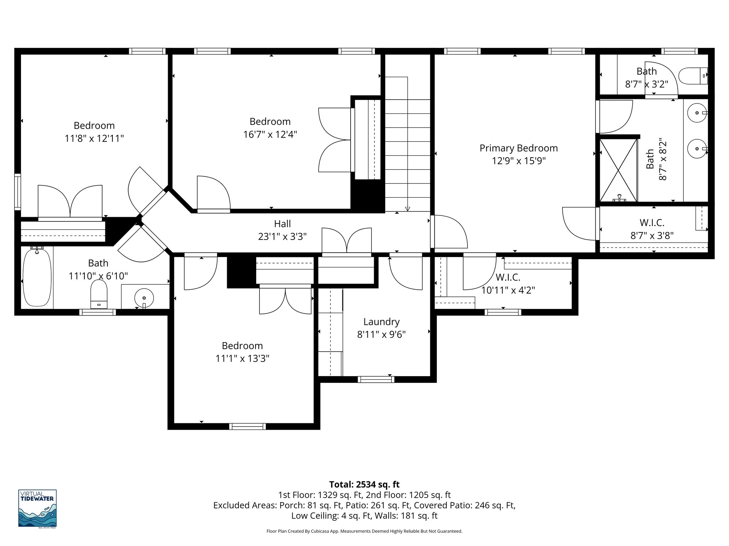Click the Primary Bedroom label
pos(518,148)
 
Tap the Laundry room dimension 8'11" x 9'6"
pos(381,334)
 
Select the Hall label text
pos(282,224)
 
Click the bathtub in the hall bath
pos(37,277)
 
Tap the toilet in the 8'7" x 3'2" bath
pos(692,76)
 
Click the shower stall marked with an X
pos(618,170)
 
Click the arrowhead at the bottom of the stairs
pos(408,209)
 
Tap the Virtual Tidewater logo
pos(37,509)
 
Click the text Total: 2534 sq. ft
pos(364,485)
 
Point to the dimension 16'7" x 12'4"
pos(270,135)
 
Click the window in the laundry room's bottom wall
pos(376,379)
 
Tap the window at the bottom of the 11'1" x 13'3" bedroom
pos(247,426)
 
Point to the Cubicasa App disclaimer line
pos(364,531)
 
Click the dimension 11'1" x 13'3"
pos(242,358)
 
